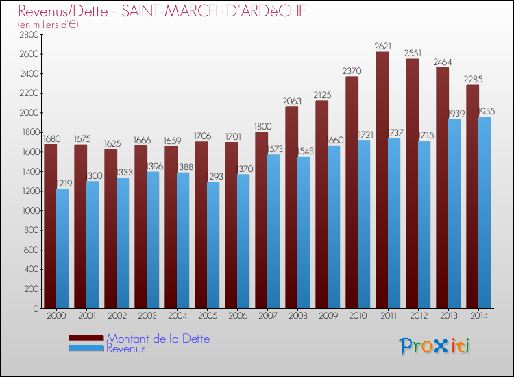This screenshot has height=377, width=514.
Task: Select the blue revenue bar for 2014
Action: coord(485,212)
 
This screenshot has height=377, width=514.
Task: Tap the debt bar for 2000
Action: coord(50,226)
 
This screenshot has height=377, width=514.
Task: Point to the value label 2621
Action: coord(382,47)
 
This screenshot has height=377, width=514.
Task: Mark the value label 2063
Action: coord(292,101)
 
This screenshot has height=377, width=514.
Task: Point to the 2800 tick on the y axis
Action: coord(28,34)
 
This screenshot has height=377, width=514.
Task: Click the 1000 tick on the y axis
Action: coord(28,210)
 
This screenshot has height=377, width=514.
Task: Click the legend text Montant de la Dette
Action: coord(158,339)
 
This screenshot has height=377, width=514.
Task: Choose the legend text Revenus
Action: coord(126,349)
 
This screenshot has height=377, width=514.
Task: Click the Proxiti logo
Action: coord(435,346)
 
